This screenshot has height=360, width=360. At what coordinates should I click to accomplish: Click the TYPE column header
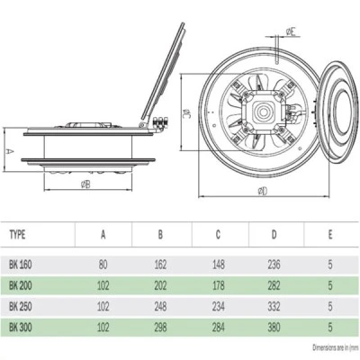[x=17, y=234]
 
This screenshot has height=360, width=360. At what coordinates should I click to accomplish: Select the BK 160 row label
[x=21, y=265]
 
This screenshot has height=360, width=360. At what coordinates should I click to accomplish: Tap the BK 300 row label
[x=21, y=327]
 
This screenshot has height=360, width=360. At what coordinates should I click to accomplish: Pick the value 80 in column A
[x=103, y=265]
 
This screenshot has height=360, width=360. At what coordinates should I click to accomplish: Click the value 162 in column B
[x=160, y=265]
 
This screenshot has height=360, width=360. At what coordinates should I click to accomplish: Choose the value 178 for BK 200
[x=218, y=285]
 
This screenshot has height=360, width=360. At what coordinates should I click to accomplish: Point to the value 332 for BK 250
[x=274, y=306]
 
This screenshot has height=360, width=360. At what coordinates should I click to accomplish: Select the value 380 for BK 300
[x=274, y=327]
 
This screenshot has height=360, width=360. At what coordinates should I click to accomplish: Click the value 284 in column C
[x=218, y=327]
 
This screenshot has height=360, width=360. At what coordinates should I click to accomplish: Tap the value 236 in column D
[x=274, y=265]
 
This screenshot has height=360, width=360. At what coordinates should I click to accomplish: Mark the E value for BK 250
[x=330, y=306]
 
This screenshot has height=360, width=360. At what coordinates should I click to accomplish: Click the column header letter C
[x=218, y=234]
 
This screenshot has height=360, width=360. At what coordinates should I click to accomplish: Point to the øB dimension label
[x=85, y=184]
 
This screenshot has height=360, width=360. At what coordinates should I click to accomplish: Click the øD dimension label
[x=262, y=191]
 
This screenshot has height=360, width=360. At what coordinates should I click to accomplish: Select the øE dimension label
[x=293, y=32]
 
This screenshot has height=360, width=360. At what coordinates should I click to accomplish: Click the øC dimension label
[x=187, y=112]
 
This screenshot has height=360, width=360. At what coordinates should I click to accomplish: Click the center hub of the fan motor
[x=260, y=112]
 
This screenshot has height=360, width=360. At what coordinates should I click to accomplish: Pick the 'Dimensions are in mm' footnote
[x=336, y=347]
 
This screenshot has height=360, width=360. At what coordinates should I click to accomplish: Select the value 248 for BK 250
[x=160, y=306]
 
